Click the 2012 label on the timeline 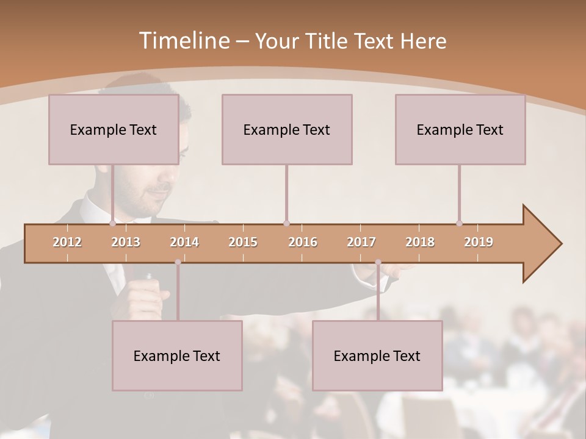[67, 242]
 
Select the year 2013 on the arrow [126, 242]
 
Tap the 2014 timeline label [184, 242]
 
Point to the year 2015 [243, 242]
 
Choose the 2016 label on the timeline [303, 242]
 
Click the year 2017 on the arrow [361, 242]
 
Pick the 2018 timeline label [420, 242]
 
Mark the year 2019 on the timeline [479, 242]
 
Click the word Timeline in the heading [183, 41]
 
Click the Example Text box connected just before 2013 [114, 129]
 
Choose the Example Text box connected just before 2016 [287, 129]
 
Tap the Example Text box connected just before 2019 [460, 129]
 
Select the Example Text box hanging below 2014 [177, 355]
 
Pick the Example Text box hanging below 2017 [377, 355]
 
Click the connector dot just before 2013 [112, 224]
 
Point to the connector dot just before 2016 [286, 224]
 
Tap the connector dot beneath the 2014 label [178, 262]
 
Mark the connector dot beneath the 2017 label [378, 262]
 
